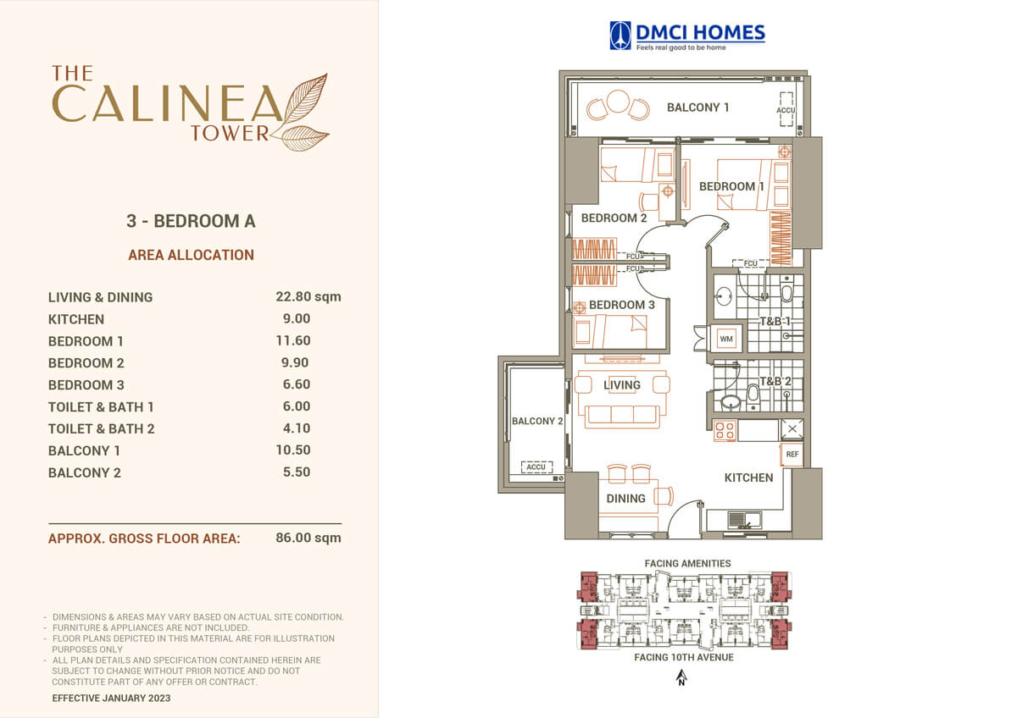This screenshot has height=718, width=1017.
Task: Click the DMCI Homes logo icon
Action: [620, 36]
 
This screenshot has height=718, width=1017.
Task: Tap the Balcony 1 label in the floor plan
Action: [697, 108]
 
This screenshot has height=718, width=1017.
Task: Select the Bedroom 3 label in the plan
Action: [621, 305]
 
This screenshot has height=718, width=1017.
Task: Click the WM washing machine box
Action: [726, 339]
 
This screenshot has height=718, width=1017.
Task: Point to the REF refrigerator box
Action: [792, 454]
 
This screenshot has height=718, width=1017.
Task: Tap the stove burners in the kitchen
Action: [724, 430]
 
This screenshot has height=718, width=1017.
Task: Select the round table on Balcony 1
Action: [618, 101]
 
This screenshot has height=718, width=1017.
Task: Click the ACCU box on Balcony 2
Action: [536, 467]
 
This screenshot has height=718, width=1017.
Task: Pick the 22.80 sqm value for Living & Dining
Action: [308, 296]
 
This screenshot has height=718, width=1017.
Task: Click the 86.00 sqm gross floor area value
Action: [308, 538]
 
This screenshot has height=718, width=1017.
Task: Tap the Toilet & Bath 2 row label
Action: [101, 428]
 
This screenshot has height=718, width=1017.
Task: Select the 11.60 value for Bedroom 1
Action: [293, 340]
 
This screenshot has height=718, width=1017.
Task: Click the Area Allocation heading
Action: [192, 255]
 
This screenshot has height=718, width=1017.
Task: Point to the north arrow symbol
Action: [681, 678]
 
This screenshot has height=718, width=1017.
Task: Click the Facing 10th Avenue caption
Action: [684, 657]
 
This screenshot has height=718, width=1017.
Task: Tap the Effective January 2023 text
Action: [111, 698]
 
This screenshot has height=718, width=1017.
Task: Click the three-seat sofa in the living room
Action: [622, 417]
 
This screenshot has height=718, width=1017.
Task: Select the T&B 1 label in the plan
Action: [775, 322]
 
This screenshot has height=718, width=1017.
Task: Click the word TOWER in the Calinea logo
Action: [231, 133]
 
